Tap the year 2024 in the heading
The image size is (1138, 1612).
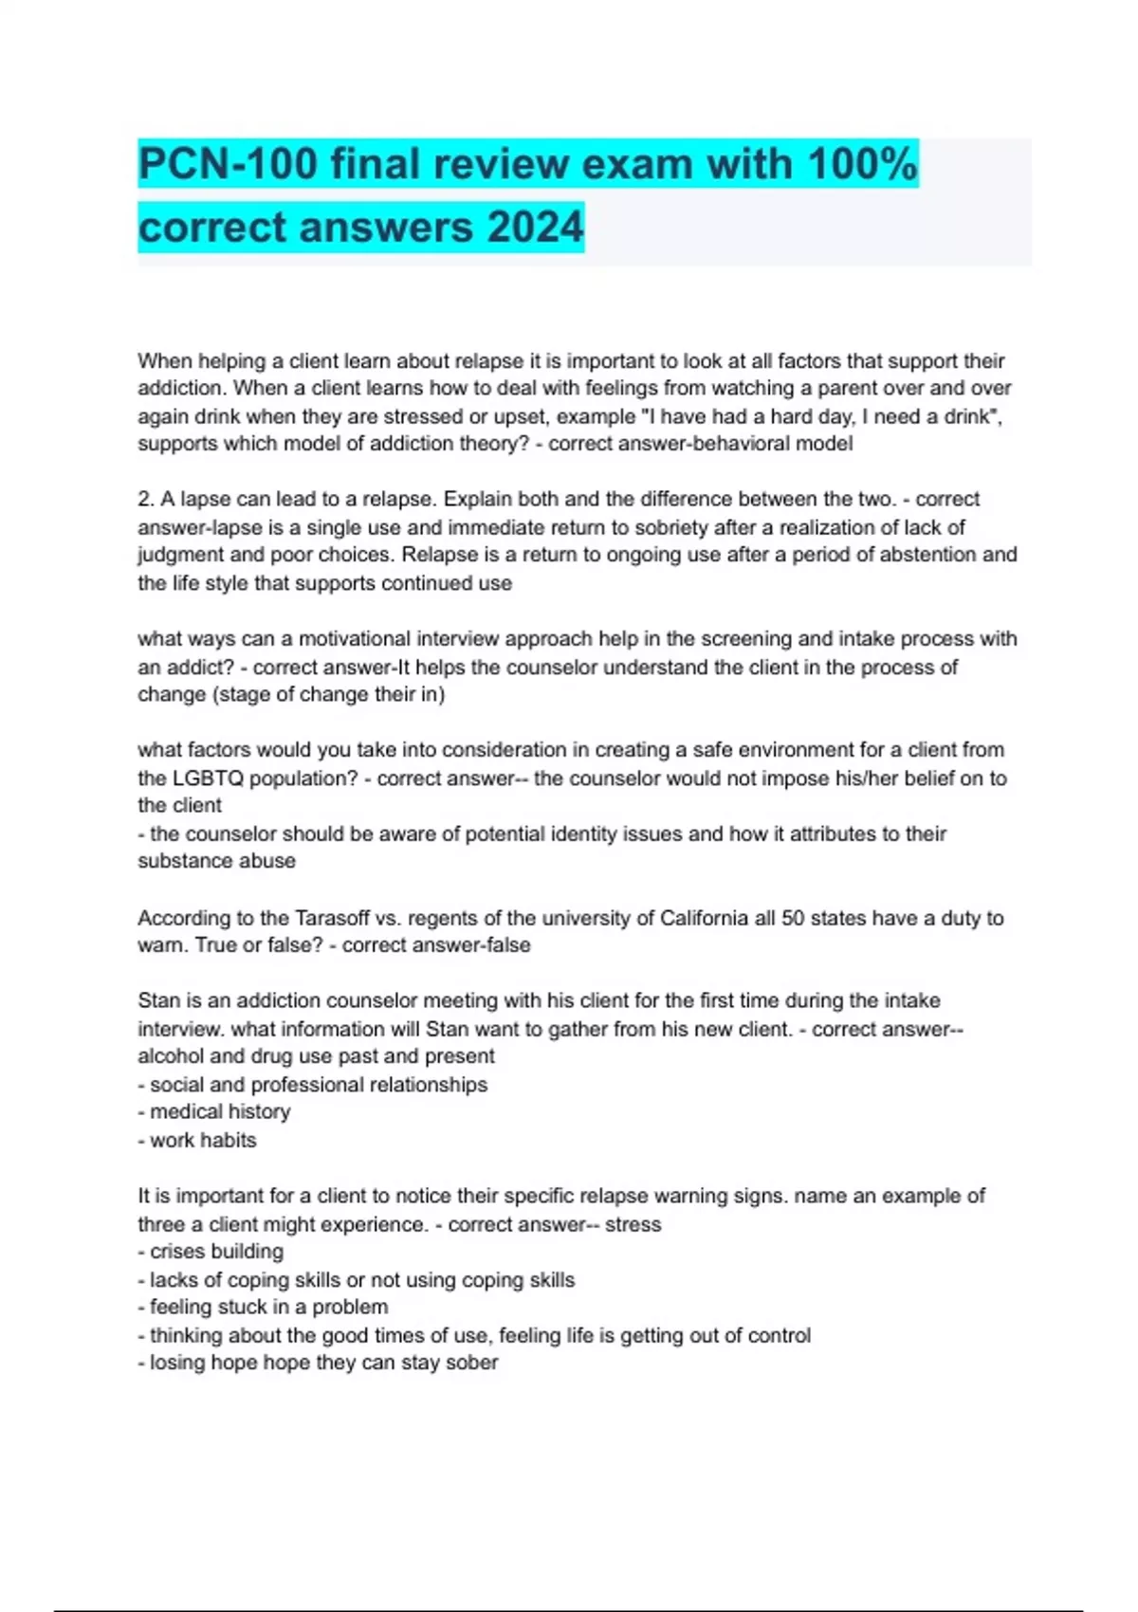(x=535, y=228)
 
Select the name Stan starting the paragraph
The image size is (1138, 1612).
(x=157, y=1000)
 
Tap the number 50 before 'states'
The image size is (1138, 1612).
(x=793, y=918)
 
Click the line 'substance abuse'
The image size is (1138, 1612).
(x=216, y=861)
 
